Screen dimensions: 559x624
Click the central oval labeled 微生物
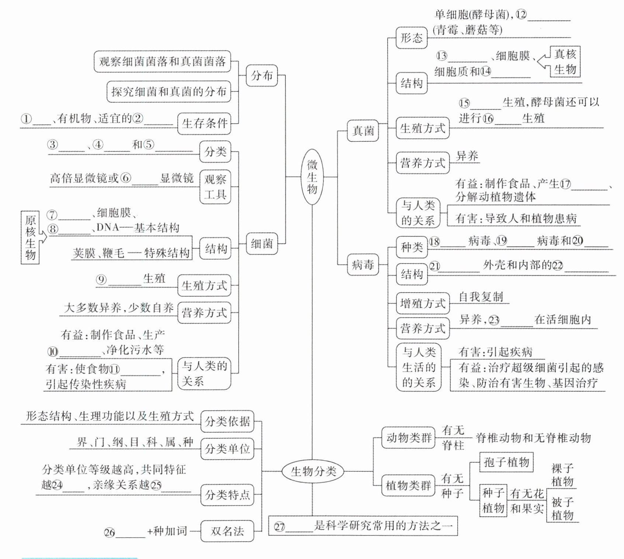pyautogui.click(x=312, y=177)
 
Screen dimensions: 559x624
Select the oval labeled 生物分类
pyautogui.click(x=313, y=471)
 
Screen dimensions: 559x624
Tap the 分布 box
pyautogui.click(x=262, y=76)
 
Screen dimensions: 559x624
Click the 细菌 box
pyautogui.click(x=262, y=244)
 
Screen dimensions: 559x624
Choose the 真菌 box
pyautogui.click(x=363, y=130)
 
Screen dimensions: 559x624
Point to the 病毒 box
pyautogui.click(x=363, y=265)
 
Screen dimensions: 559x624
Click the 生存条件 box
pyautogui.click(x=204, y=123)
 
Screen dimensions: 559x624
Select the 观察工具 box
pyautogui.click(x=215, y=187)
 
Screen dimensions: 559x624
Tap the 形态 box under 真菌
pyautogui.click(x=412, y=38)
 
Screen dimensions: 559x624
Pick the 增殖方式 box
pyautogui.click(x=423, y=304)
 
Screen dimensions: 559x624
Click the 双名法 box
pyautogui.click(x=227, y=531)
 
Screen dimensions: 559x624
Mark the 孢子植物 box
pyautogui.click(x=506, y=462)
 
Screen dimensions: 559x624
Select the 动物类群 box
pyautogui.click(x=409, y=438)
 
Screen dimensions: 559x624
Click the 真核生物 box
pyautogui.click(x=565, y=62)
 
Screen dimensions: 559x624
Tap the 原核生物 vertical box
pyautogui.click(x=30, y=237)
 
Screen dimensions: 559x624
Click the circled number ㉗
pyautogui.click(x=280, y=527)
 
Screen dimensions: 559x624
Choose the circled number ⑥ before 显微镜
pyautogui.click(x=125, y=178)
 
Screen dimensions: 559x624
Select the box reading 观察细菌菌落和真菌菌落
pyautogui.click(x=162, y=62)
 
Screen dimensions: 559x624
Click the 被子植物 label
pyautogui.click(x=562, y=509)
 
